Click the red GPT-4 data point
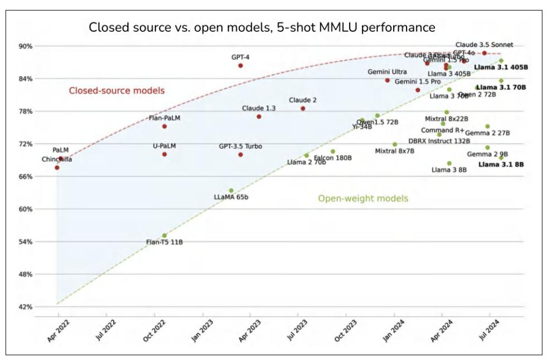[241, 65]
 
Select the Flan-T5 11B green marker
[164, 236]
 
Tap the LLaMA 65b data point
[231, 190]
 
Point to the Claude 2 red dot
[303, 108]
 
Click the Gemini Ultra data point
[388, 80]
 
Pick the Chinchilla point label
[57, 160]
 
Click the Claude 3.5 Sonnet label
[484, 45]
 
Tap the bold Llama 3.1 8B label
[503, 165]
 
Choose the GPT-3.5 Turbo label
[240, 146]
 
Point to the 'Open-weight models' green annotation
[363, 198]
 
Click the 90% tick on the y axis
[26, 46]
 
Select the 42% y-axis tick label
[26, 307]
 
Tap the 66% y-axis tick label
[26, 176]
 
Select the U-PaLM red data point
[164, 154]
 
